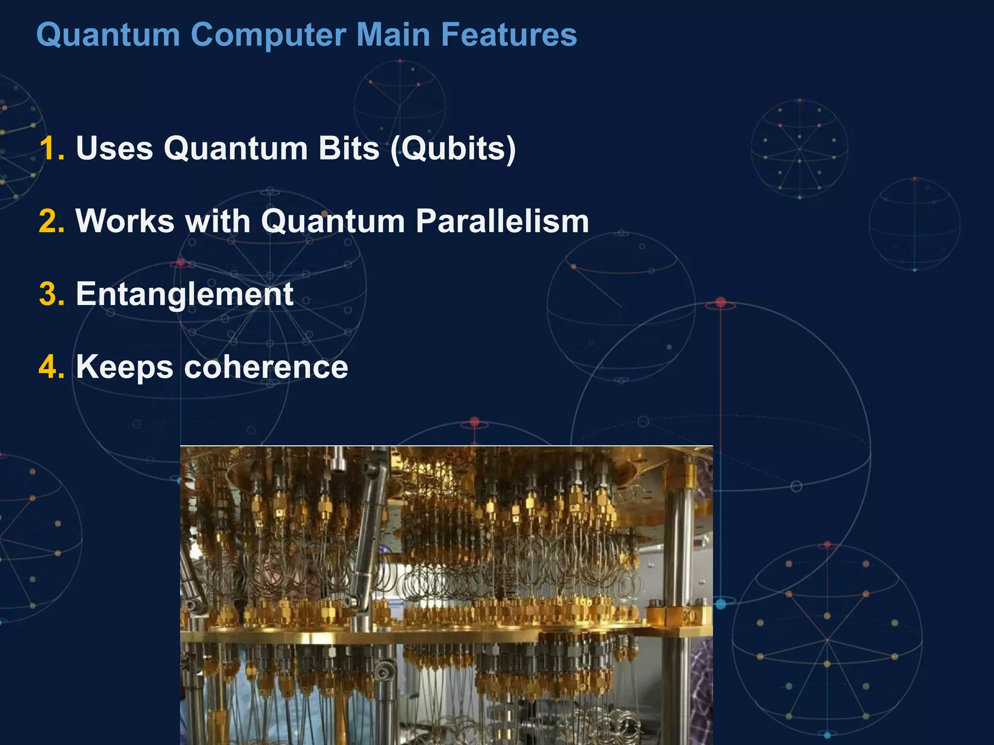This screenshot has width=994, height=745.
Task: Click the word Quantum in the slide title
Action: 108,35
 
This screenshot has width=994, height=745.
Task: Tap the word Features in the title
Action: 509,35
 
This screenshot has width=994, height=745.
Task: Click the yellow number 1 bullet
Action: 51,148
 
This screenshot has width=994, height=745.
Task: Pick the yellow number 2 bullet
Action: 51,221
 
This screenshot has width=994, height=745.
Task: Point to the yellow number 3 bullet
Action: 51,294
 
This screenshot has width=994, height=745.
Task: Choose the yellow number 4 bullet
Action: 51,367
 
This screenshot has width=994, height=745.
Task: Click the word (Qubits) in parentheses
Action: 453,148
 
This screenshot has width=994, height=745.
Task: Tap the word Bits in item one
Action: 348,148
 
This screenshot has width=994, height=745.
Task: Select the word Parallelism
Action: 502,221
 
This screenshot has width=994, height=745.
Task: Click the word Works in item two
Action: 125,221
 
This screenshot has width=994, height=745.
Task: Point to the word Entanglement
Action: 184,294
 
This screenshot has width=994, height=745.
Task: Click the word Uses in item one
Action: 115,148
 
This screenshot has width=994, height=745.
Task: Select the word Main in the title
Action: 393,35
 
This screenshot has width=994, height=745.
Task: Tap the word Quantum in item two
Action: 333,221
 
